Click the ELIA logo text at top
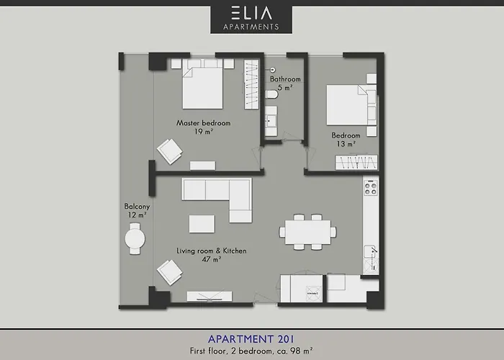(x=251, y=12)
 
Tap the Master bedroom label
(x=204, y=123)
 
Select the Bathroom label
(x=285, y=79)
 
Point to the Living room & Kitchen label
(x=212, y=251)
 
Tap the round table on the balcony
(x=135, y=238)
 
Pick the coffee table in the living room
(x=202, y=224)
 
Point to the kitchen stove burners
(x=372, y=189)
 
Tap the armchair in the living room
(x=171, y=272)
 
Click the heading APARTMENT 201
(x=251, y=336)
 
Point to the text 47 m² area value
(x=211, y=259)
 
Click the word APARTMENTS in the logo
(x=251, y=27)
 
